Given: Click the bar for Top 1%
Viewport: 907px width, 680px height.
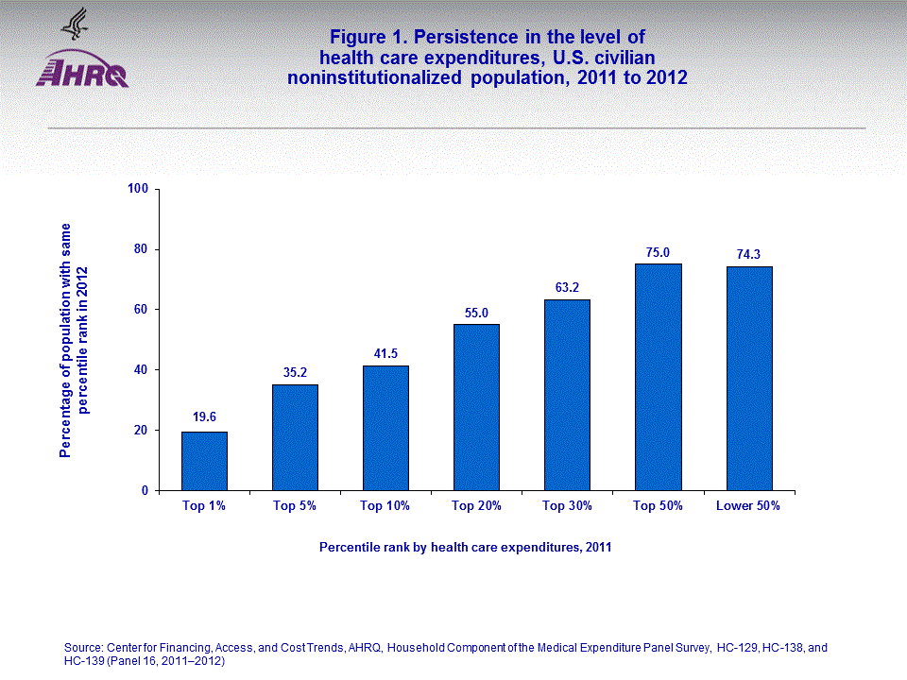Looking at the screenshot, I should pos(204,461).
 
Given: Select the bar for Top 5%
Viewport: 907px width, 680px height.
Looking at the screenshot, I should pos(295,437).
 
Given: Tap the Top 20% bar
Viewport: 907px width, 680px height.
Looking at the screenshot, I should pos(476,407).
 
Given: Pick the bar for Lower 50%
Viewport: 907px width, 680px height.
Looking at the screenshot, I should pos(748,378).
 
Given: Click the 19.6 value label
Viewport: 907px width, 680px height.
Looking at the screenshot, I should pos(204,416).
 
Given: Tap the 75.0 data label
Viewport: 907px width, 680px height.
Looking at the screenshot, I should pos(658,252).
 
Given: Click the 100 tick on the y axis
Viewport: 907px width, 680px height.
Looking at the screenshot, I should pos(139,189).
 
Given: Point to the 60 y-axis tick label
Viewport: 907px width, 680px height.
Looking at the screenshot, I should pos(142,310).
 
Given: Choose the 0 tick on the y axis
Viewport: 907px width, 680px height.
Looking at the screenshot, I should pos(145,491).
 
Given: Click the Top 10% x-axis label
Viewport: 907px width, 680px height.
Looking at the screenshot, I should pos(385,506).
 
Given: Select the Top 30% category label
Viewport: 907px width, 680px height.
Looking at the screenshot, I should pos(567,506).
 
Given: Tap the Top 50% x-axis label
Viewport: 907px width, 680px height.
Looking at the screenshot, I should pos(658,506).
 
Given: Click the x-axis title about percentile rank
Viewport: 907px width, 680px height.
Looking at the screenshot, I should pos(465,547).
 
